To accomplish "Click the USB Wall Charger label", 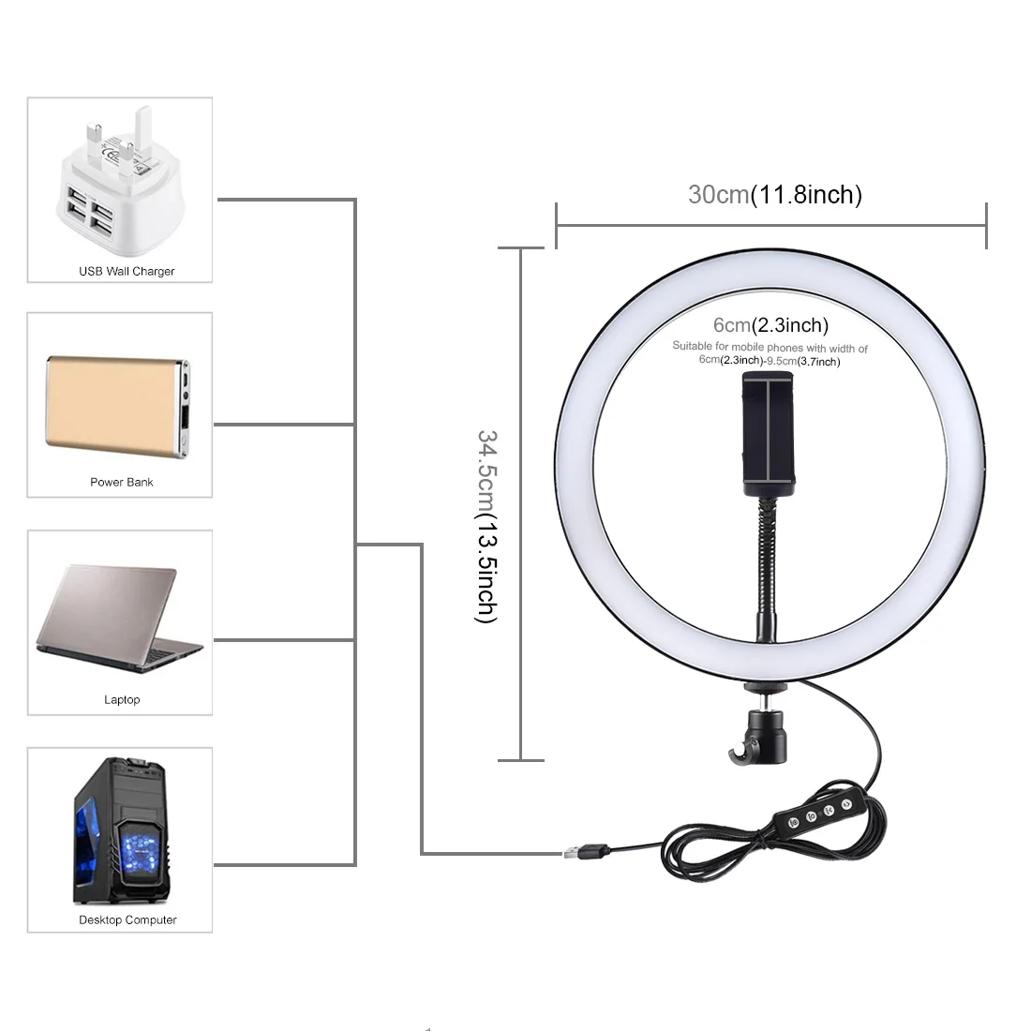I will click(x=127, y=272).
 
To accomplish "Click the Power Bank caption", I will click(x=122, y=483).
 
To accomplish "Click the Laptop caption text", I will click(x=122, y=700).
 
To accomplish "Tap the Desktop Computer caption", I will click(x=127, y=920).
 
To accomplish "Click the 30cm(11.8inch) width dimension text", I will click(x=774, y=195).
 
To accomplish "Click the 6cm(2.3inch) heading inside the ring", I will click(x=770, y=325).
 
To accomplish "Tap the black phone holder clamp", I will click(x=769, y=433).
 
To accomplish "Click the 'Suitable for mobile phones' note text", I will click(x=770, y=353).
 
